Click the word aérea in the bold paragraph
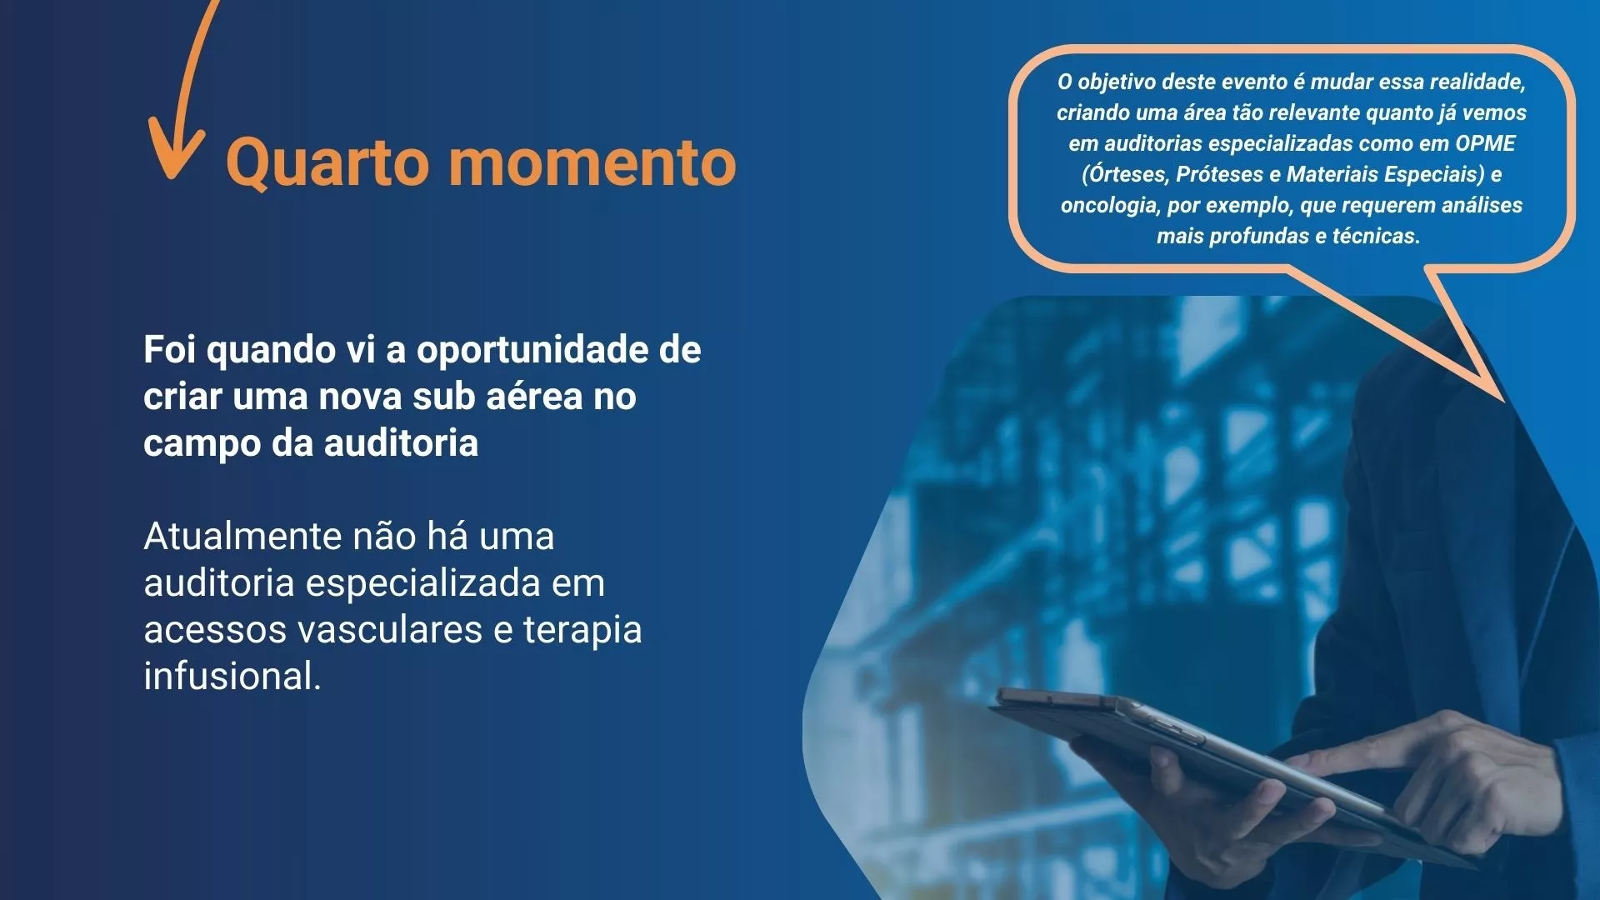[534, 397]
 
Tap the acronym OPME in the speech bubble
[1485, 143]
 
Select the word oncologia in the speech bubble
[1107, 206]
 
